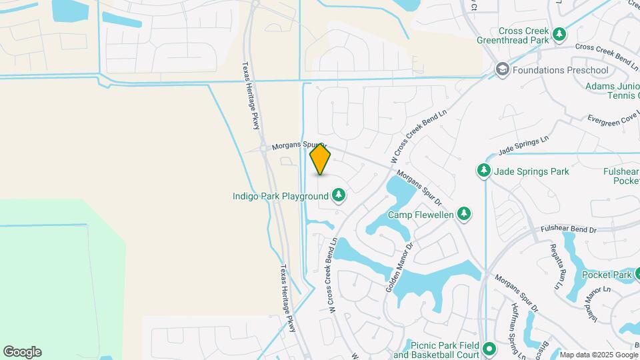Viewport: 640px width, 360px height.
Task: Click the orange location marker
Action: pyautogui.click(x=321, y=159)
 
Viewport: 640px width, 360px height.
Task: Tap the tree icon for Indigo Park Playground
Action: pyautogui.click(x=339, y=195)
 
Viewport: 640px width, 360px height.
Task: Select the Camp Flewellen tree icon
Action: pyautogui.click(x=464, y=214)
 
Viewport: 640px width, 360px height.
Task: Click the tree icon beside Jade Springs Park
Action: pyautogui.click(x=483, y=171)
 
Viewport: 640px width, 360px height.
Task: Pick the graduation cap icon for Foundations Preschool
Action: pyautogui.click(x=501, y=70)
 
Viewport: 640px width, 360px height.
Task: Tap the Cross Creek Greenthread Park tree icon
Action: pyautogui.click(x=559, y=35)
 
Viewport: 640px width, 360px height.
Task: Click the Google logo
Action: pyautogui.click(x=22, y=352)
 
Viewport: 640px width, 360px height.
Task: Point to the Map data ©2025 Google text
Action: pyautogui.click(x=598, y=355)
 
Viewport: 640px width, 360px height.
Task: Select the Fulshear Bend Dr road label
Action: pyautogui.click(x=569, y=229)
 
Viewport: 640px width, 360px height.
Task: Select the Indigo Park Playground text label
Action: pyautogui.click(x=280, y=196)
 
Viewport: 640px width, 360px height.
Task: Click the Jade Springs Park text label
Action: pyautogui.click(x=532, y=171)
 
